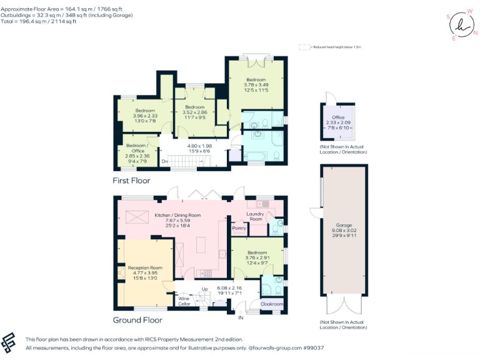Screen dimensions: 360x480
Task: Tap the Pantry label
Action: (239, 228)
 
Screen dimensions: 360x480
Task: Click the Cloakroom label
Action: (271, 304)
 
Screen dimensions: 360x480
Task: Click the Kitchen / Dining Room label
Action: (177, 215)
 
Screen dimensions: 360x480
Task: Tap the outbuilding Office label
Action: (339, 117)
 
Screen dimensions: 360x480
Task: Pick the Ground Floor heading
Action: (137, 320)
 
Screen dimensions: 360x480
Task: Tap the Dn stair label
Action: (164, 162)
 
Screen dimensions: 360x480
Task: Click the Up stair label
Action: (204, 289)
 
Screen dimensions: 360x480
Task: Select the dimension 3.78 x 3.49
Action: (256, 85)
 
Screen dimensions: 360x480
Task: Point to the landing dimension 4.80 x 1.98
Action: (200, 146)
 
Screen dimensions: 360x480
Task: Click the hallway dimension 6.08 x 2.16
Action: (229, 288)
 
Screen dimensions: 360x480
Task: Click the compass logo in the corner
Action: (462, 25)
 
